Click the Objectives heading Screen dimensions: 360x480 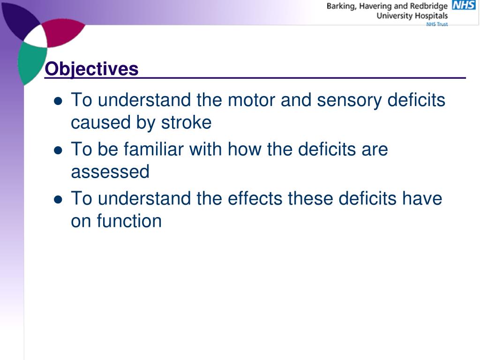click(92, 69)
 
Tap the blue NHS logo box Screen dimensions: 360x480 click(463, 6)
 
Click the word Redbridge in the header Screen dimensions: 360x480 click(428, 6)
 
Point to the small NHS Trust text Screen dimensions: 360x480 click(437, 24)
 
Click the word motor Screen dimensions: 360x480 click(250, 100)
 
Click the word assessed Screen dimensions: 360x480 click(110, 172)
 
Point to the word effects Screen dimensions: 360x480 click(255, 199)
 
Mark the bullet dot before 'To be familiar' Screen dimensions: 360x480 click(58, 150)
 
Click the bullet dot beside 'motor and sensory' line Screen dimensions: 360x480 click(58, 101)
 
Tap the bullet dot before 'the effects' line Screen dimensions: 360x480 click(58, 200)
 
